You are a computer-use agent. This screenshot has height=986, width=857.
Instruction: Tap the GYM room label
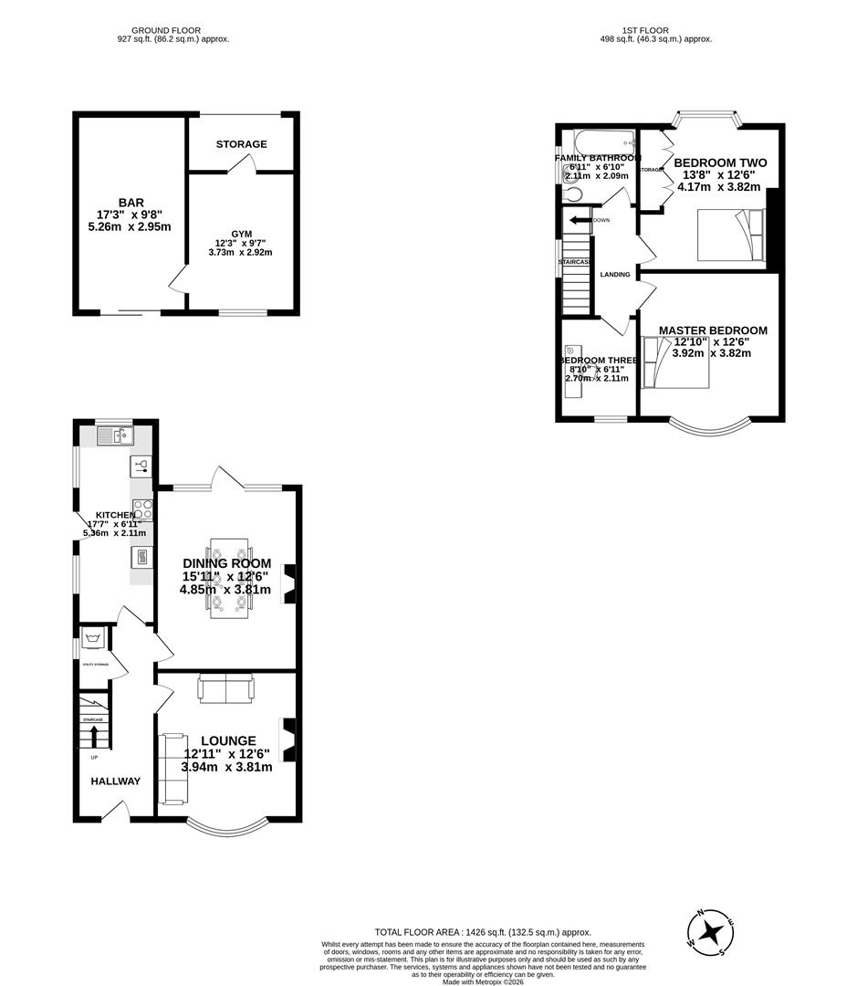pos(241,235)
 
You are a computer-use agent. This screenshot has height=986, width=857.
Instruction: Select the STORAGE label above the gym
pos(242,144)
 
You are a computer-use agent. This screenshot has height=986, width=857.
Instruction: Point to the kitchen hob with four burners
pos(142,509)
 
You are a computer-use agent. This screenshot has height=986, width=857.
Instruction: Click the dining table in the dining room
pos(229,577)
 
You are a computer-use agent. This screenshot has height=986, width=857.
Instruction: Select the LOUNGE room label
pos(228,740)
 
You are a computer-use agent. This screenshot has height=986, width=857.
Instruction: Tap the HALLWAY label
pos(116,781)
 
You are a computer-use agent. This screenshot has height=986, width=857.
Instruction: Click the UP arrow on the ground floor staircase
pos(94,736)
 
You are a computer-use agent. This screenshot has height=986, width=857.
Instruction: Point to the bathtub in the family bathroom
pos(602,142)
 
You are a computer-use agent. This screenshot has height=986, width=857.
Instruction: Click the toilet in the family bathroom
pos(570,193)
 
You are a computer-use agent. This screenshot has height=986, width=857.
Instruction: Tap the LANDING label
pos(614,275)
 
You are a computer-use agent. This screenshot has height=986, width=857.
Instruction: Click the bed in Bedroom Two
pos(730,235)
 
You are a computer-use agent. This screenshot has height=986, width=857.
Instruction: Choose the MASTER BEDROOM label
pos(713,330)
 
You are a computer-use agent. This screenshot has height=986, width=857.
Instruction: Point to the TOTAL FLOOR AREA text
pos(483,932)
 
